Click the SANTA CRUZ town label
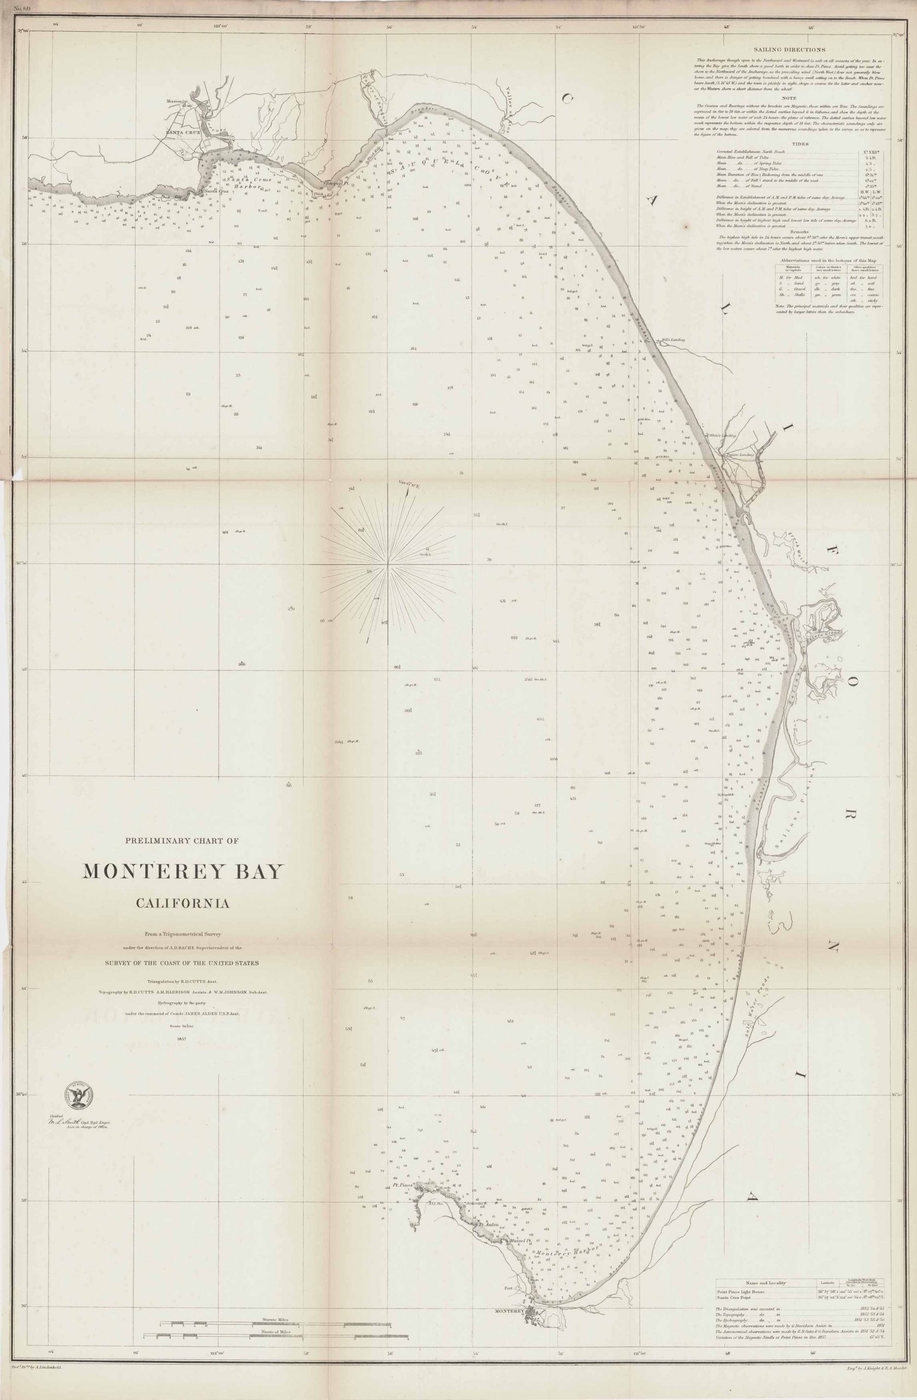pos(183,133)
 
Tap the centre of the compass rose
pos(388,564)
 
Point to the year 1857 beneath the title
pos(182,1040)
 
